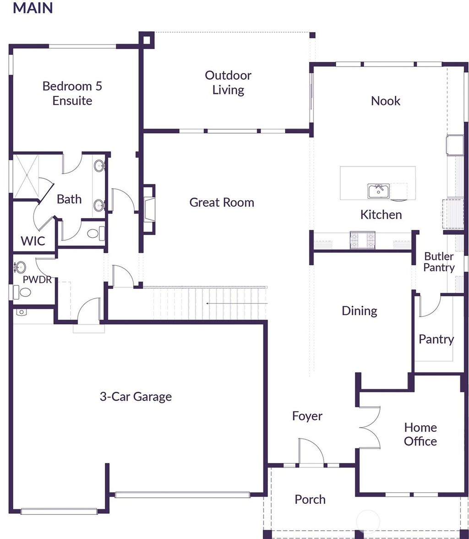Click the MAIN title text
[33, 8]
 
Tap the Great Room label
[222, 202]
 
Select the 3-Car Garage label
[136, 396]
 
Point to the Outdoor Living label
[228, 82]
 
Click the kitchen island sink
[378, 191]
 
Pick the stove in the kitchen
[362, 240]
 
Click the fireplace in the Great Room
[149, 209]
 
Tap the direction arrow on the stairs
[236, 303]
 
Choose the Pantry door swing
[430, 306]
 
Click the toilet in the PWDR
[22, 292]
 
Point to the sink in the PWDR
[20, 267]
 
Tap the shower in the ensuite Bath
[27, 175]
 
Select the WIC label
[33, 240]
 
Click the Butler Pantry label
[439, 262]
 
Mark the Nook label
[385, 101]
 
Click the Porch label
[310, 499]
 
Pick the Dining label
[360, 311]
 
